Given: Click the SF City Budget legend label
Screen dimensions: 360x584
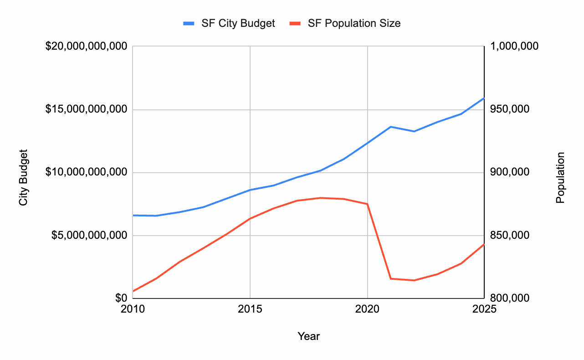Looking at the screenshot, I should point(238,23).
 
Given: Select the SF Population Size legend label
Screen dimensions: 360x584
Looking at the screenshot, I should point(354,23).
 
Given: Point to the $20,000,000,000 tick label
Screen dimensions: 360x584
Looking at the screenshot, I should point(86,46).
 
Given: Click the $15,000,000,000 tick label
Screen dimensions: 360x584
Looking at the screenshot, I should point(86,109).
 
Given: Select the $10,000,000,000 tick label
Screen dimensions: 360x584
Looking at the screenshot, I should point(86,172).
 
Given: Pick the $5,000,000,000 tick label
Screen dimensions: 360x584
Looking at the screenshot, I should point(89,236).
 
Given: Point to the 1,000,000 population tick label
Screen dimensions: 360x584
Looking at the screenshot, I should point(514,46).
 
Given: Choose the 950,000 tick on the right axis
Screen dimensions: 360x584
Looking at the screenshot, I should point(509,109).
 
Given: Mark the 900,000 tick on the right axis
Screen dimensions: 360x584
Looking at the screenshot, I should point(509,172).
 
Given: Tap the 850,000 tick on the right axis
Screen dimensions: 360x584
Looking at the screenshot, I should point(509,236).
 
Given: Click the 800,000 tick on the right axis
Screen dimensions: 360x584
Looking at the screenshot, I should point(509,298).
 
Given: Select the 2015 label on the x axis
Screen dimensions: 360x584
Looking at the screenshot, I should point(250,309).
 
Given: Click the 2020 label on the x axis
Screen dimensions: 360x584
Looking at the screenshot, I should point(368,309).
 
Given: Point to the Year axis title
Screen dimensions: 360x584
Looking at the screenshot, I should point(308,336).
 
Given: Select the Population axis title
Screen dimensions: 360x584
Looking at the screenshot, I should point(560,178).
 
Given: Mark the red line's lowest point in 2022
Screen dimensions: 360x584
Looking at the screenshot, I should point(414,280).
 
